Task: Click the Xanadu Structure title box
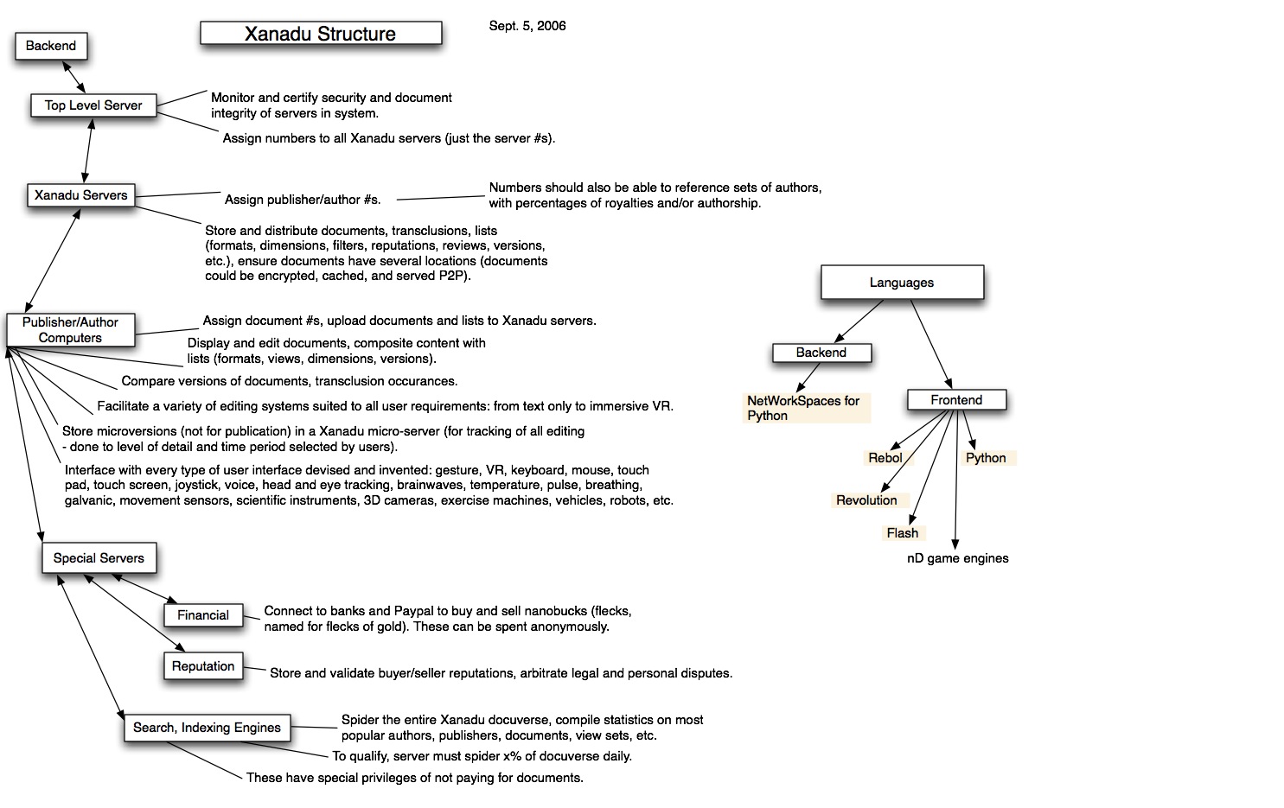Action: pyautogui.click(x=321, y=34)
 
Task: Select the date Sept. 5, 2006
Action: pyautogui.click(x=527, y=26)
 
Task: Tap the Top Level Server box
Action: pyautogui.click(x=93, y=105)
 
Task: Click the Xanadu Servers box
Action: pyautogui.click(x=80, y=195)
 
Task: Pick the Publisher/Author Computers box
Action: pyautogui.click(x=70, y=330)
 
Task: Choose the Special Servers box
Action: pyautogui.click(x=99, y=558)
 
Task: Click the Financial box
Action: pyautogui.click(x=203, y=615)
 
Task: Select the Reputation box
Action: pyautogui.click(x=203, y=666)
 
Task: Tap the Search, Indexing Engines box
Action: pyautogui.click(x=207, y=728)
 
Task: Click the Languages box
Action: pyautogui.click(x=902, y=283)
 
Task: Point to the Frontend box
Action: pyautogui.click(x=956, y=400)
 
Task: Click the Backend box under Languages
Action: pyautogui.click(x=821, y=353)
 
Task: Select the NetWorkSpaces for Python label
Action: pyautogui.click(x=803, y=408)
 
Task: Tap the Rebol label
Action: pyautogui.click(x=885, y=458)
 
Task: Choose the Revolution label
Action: pyautogui.click(x=866, y=500)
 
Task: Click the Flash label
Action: pyautogui.click(x=902, y=533)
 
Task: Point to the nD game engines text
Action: pyautogui.click(x=957, y=558)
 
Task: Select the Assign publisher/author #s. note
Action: pyautogui.click(x=303, y=200)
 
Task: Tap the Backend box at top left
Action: pyautogui.click(x=51, y=46)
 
